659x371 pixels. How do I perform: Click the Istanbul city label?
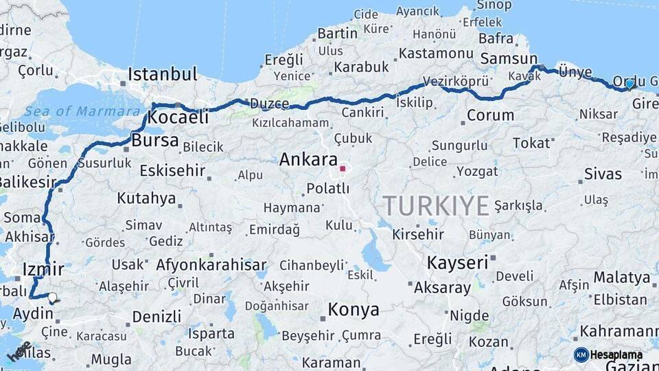pos(163,74)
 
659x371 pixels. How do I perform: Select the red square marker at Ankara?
pos(343,168)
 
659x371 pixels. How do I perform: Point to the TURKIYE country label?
pos(436,205)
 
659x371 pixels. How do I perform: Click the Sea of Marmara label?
pos(81,111)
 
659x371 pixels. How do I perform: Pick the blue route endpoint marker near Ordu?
pos(629,84)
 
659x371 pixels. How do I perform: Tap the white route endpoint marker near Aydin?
pos(52,297)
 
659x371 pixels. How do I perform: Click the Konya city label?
pos(353,310)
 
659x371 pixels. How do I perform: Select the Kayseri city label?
pos(457,262)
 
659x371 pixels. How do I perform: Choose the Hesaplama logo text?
pos(616,355)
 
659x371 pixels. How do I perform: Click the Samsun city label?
pos(509,59)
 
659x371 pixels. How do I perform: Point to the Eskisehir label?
pos(172,170)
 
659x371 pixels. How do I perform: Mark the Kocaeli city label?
pos(178,117)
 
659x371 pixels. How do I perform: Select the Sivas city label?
pos(603,174)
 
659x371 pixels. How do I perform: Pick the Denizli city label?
pos(157,317)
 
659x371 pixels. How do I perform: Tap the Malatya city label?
pos(621,278)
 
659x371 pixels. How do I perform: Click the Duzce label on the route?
pos(269,104)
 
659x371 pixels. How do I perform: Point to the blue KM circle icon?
pos(581,355)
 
